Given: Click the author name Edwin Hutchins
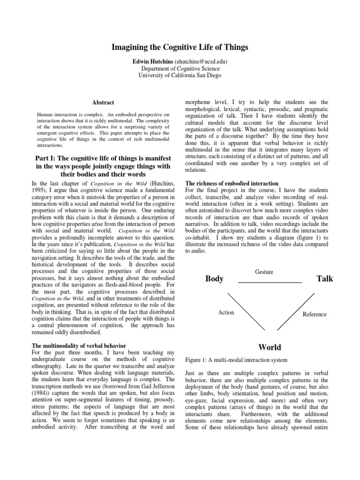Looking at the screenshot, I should pos(153,61).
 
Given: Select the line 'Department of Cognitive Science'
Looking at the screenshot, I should pos(180,68).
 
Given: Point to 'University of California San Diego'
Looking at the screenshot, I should pos(180,75).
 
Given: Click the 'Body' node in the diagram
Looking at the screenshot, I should pos(214,279).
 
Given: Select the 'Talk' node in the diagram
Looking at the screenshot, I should pos(325,279).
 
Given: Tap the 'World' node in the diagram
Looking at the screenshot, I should pos(270,347).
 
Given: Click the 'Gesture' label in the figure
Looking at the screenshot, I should pos(264,272).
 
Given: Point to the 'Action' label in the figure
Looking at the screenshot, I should pos(226,313).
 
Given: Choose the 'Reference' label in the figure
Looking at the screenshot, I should pos(314,314).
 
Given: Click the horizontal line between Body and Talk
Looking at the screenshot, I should pos(270,283).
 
